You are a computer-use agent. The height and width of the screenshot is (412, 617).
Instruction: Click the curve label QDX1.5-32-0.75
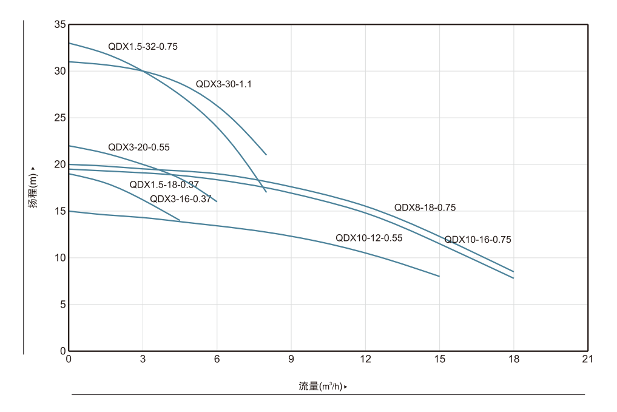(x=143, y=46)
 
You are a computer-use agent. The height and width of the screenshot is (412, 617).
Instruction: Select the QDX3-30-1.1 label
(x=223, y=84)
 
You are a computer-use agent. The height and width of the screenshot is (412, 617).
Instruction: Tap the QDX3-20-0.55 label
(x=138, y=147)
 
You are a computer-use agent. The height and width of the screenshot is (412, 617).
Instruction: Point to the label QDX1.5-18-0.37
(x=164, y=184)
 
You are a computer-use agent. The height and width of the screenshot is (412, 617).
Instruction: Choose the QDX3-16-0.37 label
(x=180, y=198)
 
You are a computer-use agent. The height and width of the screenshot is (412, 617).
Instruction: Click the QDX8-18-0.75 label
(x=425, y=208)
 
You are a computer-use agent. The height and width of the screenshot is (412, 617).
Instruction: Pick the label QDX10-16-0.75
(x=477, y=240)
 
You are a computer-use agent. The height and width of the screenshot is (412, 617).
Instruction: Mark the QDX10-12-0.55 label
(x=369, y=238)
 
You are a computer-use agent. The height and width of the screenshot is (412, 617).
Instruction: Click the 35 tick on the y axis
(x=59, y=25)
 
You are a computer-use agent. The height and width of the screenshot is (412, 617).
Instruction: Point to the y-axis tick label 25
(x=59, y=118)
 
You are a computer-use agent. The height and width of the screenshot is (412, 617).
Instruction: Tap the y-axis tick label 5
(x=62, y=305)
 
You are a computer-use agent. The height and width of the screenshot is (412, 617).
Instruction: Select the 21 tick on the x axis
(x=587, y=359)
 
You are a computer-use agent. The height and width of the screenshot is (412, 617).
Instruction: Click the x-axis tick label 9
(x=291, y=359)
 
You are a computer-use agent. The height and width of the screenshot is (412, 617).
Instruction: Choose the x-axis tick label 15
(x=439, y=359)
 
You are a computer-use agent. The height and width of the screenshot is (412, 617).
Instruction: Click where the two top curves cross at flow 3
(x=143, y=71)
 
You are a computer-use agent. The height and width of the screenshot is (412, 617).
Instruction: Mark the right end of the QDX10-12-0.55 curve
(x=439, y=276)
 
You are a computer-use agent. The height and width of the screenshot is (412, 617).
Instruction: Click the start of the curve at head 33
(x=69, y=43)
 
